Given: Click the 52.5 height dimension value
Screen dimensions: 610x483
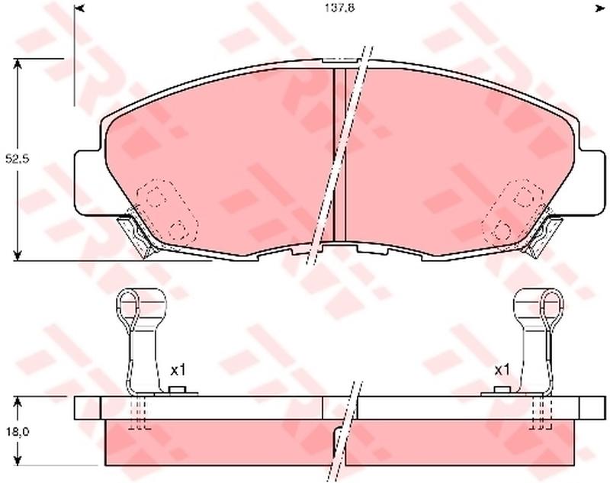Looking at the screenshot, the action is click(18, 159).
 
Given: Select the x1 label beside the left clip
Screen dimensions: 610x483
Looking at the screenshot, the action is click(178, 370).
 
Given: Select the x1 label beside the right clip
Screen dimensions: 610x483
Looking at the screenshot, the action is click(502, 370).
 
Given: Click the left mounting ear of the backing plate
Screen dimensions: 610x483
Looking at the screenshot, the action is click(88, 182).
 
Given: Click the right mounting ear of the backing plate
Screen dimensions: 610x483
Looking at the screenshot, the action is click(592, 182).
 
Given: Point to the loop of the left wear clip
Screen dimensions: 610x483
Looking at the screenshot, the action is click(127, 304).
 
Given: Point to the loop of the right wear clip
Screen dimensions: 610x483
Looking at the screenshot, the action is click(552, 304).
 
